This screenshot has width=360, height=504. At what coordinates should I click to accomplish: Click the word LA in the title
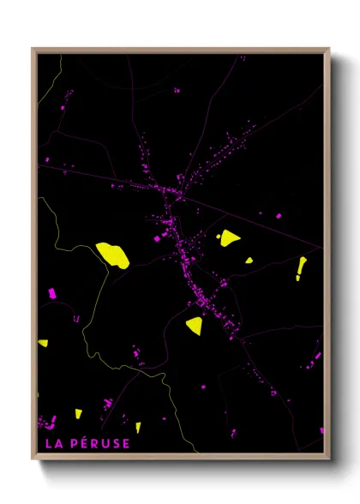[x=51, y=443]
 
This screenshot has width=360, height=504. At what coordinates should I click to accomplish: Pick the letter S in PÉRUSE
[x=114, y=443]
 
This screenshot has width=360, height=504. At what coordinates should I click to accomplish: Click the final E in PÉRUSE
[x=125, y=443]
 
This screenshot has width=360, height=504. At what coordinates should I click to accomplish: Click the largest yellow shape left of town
[x=112, y=255]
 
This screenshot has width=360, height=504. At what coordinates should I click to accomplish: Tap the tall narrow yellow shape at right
[x=301, y=267]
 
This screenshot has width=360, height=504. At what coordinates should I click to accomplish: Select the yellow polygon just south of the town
[x=195, y=325]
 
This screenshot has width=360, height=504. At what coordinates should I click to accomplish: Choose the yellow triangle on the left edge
[x=43, y=343]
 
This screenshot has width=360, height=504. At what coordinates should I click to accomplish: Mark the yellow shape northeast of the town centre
[x=229, y=237]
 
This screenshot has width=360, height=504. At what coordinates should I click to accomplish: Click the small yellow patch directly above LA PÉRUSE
[x=78, y=413]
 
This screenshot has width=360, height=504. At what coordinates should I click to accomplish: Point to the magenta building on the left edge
[x=51, y=293]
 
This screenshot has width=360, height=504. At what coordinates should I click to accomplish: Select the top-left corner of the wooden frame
[x=33, y=49]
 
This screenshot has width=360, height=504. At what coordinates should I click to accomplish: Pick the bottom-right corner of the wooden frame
[x=328, y=459]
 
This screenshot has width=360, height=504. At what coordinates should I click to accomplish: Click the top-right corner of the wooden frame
[x=328, y=49]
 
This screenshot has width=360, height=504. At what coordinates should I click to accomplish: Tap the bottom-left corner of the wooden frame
[x=33, y=459]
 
